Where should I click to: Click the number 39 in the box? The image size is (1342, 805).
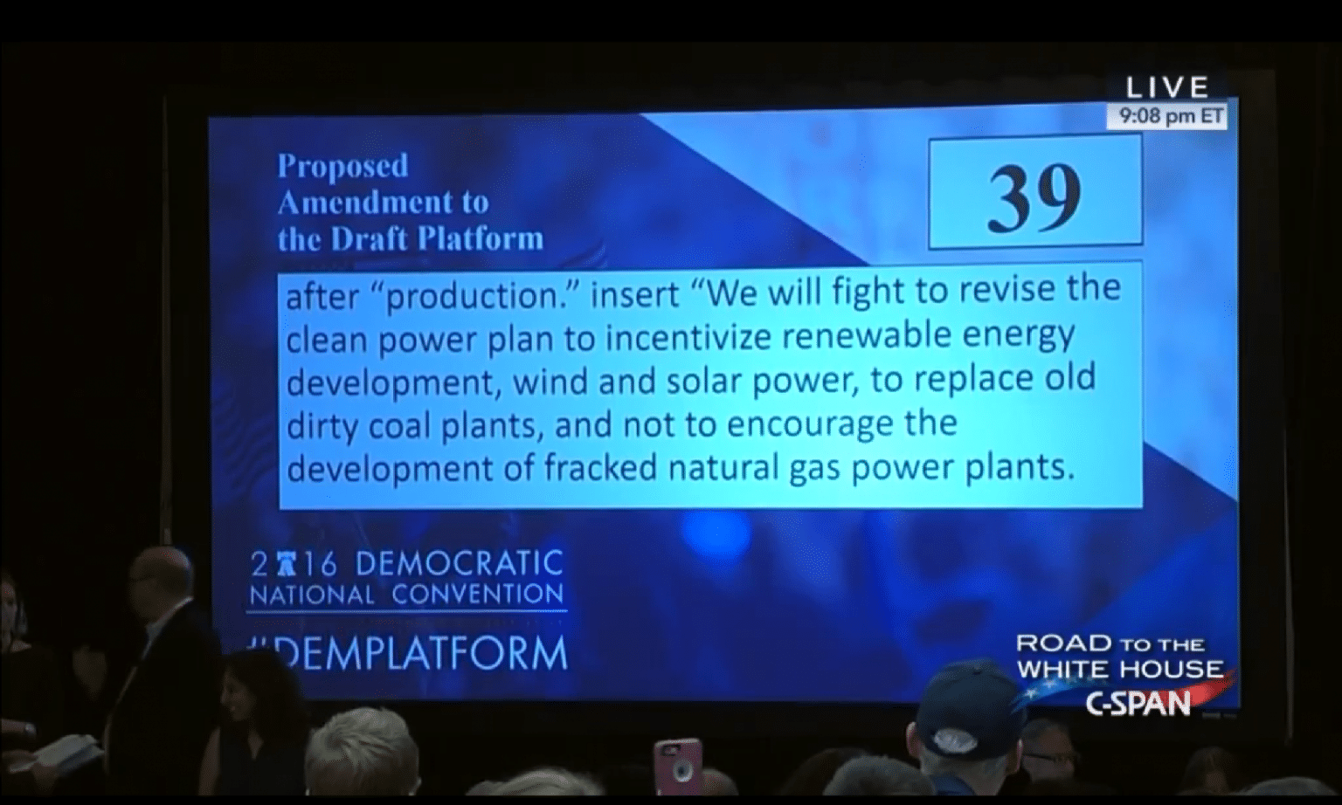pyautogui.click(x=1034, y=199)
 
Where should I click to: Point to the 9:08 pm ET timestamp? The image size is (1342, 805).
pyautogui.click(x=1171, y=115)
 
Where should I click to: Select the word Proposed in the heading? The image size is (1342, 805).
pyautogui.click(x=342, y=166)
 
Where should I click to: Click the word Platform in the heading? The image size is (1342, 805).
pyautogui.click(x=481, y=238)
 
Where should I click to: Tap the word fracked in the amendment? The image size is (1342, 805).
pyautogui.click(x=601, y=467)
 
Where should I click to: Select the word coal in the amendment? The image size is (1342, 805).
pyautogui.click(x=399, y=426)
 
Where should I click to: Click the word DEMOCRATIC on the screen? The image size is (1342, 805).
pyautogui.click(x=459, y=563)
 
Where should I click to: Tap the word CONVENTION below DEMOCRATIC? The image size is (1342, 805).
pyautogui.click(x=478, y=595)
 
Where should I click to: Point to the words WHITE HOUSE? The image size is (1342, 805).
pyautogui.click(x=1120, y=669)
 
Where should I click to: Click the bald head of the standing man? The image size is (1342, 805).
pyautogui.click(x=162, y=572)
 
